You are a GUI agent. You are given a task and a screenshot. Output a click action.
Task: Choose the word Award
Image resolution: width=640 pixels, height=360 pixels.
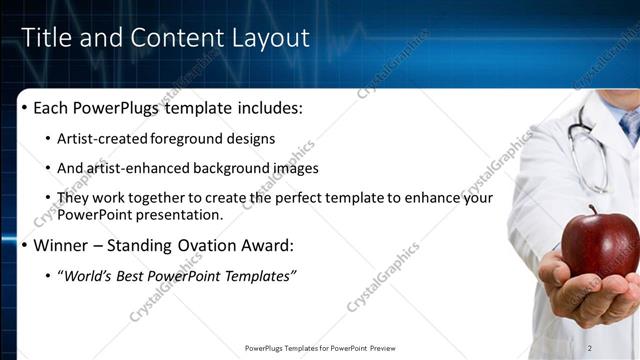coord(264,245)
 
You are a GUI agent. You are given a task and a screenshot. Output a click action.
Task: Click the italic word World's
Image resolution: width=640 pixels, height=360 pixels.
coord(89,275)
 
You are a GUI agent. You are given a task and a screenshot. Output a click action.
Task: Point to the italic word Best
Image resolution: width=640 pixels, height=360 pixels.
coord(140,275)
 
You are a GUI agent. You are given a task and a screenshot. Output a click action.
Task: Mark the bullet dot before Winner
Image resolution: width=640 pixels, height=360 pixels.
coord(25,246)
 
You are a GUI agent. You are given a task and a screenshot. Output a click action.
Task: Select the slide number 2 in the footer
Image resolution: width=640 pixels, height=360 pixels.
coord(590,348)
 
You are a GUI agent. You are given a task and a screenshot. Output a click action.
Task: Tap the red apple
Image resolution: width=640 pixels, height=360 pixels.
coord(599,243)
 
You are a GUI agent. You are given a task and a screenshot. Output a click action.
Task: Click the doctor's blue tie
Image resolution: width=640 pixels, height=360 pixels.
coord(630,125)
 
